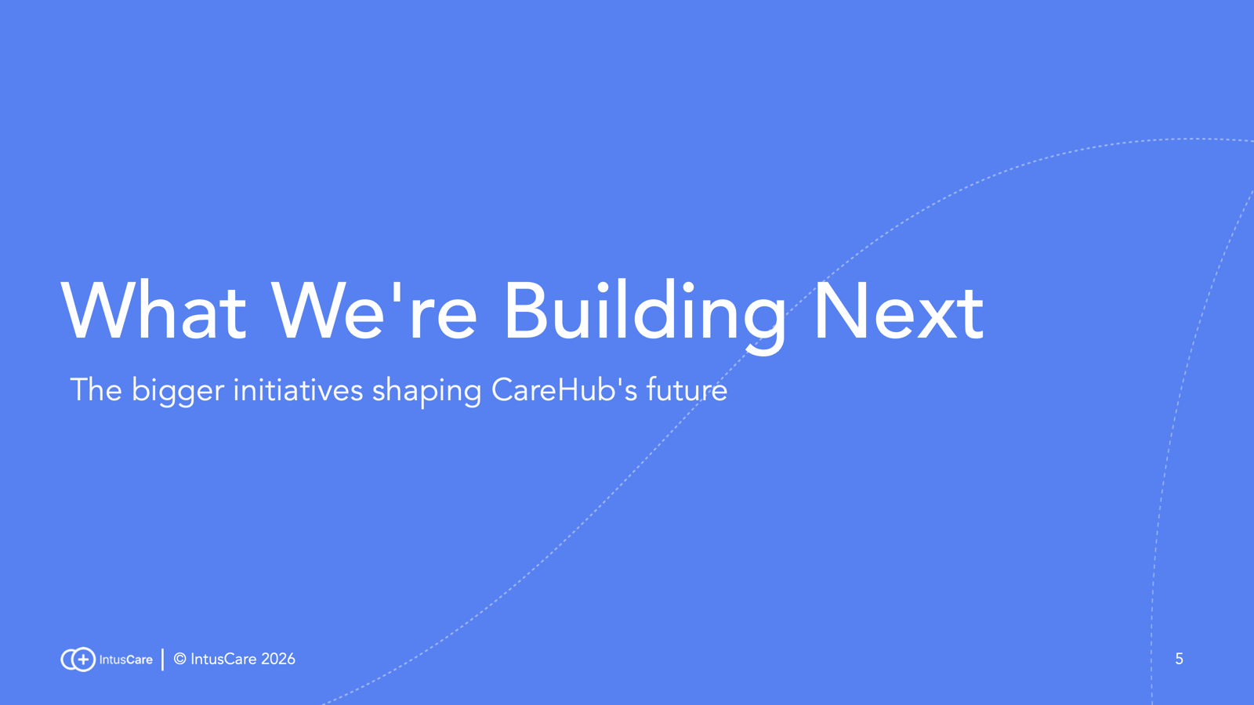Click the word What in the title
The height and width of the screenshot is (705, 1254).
pyautogui.click(x=154, y=310)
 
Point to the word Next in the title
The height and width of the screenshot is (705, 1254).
pyautogui.click(x=899, y=311)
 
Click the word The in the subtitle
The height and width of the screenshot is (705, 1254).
pyautogui.click(x=96, y=389)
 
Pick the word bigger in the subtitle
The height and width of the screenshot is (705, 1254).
pyautogui.click(x=178, y=392)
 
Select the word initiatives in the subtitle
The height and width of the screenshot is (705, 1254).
pyautogui.click(x=298, y=389)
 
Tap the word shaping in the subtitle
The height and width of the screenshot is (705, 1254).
pyautogui.click(x=426, y=392)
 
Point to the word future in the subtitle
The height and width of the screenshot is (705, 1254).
pyautogui.click(x=687, y=389)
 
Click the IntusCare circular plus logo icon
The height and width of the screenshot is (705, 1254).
pyautogui.click(x=78, y=659)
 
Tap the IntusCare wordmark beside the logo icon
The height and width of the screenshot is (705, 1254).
pyautogui.click(x=125, y=660)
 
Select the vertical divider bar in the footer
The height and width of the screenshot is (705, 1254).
pyautogui.click(x=162, y=659)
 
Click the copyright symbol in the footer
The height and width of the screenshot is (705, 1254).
pyautogui.click(x=179, y=659)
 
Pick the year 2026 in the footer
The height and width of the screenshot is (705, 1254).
pyautogui.click(x=278, y=659)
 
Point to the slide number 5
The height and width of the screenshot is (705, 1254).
pyautogui.click(x=1179, y=659)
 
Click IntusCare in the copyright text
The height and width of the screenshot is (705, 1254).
pyautogui.click(x=223, y=659)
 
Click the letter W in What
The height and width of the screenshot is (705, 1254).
pyautogui.click(x=96, y=310)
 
